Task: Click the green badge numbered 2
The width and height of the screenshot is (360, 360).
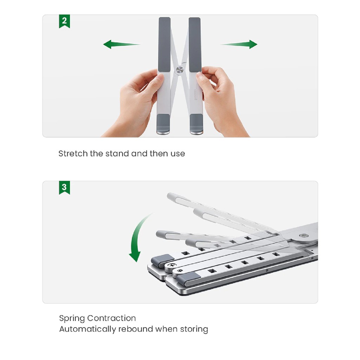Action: [64, 21]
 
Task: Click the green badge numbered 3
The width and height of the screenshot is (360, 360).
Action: [64, 187]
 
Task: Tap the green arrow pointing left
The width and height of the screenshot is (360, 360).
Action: [121, 44]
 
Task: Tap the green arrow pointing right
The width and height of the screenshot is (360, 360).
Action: [239, 44]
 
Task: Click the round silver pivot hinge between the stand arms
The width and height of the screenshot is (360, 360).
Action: [180, 70]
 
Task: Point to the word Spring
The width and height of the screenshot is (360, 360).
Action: [72, 319]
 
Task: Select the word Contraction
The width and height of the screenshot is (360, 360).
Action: [111, 318]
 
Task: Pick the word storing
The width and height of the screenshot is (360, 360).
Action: [194, 329]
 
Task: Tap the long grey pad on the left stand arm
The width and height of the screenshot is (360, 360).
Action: [165, 44]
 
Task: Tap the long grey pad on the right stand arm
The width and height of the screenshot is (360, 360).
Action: [195, 44]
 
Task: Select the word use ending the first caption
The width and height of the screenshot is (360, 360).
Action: [178, 154]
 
